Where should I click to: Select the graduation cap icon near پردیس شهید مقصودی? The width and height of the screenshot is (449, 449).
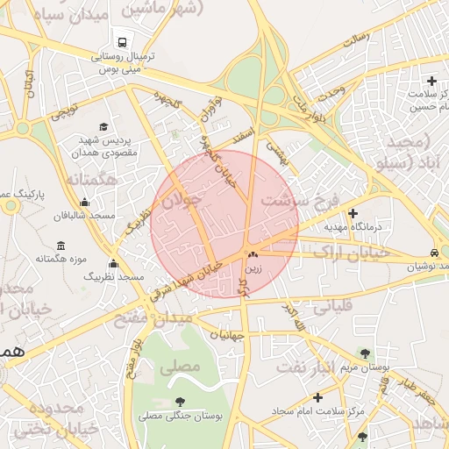104,128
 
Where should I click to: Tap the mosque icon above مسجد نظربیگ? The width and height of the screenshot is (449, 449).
113,263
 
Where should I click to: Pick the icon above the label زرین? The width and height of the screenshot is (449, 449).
253,254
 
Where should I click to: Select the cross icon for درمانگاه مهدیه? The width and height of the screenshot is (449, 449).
353,213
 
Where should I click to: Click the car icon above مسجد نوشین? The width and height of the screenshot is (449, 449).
434,251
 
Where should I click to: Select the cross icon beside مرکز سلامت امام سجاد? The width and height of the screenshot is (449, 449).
317,397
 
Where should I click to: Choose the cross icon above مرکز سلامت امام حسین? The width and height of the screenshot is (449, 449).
431,82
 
